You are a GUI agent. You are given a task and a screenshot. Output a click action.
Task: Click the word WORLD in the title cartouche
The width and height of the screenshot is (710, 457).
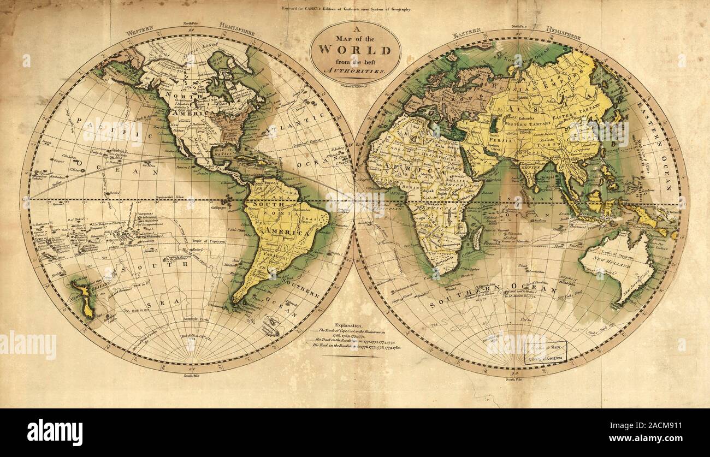[354, 51]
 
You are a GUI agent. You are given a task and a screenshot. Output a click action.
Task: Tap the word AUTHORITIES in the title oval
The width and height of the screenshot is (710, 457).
[356, 72]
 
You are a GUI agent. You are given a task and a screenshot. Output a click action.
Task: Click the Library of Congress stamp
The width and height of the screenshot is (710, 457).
[546, 353]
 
